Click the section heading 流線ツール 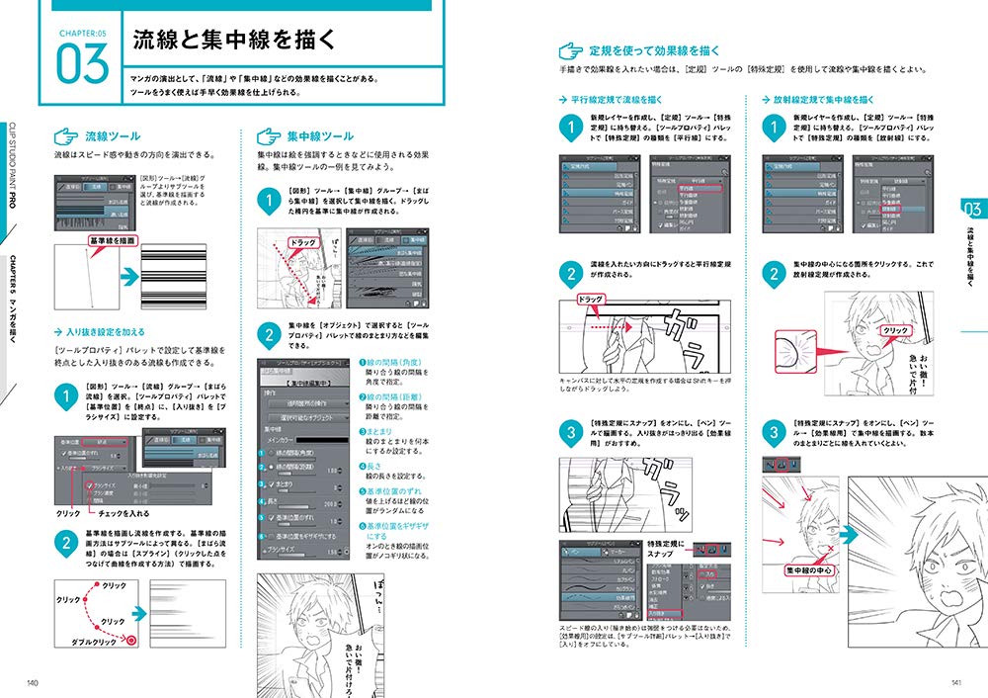[112, 135]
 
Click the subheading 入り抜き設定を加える [107, 333]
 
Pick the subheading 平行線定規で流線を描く [615, 101]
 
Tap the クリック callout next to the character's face [894, 330]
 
